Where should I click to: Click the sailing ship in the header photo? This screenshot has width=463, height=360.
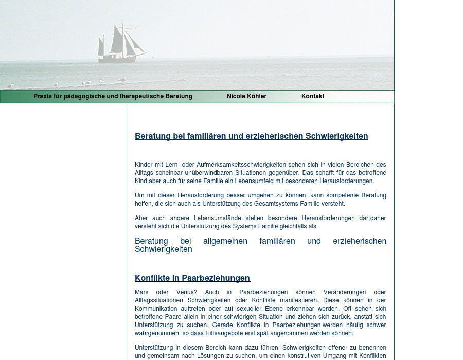pos(119,44)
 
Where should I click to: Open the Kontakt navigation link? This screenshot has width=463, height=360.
pos(313,96)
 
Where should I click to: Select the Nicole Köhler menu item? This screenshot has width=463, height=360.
pos(246,96)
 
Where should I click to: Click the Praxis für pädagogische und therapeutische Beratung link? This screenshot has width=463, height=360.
pos(113,96)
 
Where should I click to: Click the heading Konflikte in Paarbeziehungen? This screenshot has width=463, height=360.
pos(192,278)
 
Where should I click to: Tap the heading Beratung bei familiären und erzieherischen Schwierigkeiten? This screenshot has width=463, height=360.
pos(251,136)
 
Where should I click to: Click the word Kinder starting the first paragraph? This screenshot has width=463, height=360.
pos(144,165)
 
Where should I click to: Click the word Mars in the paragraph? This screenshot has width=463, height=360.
pos(142,292)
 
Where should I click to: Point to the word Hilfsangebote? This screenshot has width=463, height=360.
pos(223,333)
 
